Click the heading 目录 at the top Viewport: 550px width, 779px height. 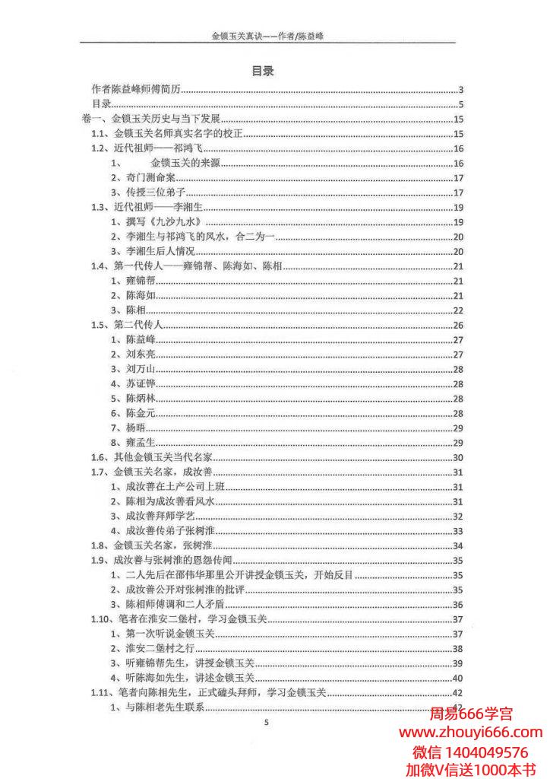[x=263, y=71]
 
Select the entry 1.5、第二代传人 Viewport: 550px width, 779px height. [x=128, y=325]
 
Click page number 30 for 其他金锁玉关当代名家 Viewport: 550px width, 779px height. [x=458, y=457]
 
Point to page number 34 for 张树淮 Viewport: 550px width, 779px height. [x=458, y=545]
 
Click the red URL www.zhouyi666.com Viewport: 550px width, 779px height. [x=470, y=733]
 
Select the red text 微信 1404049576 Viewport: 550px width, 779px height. [x=470, y=752]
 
